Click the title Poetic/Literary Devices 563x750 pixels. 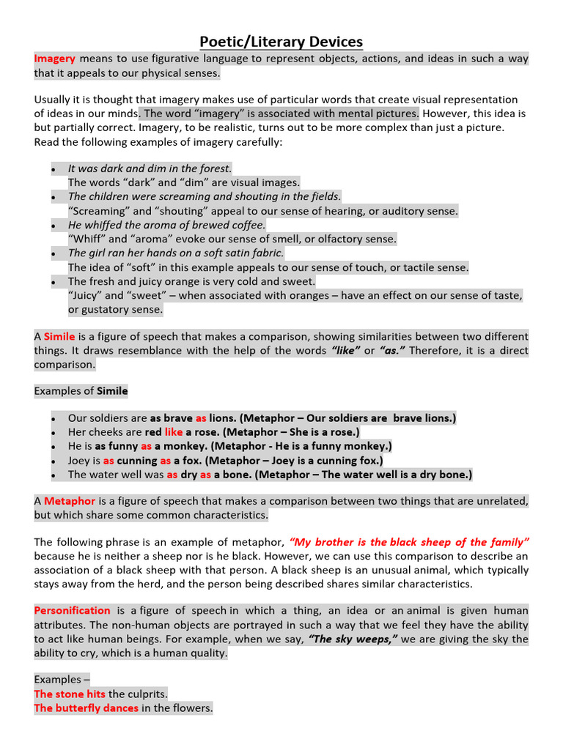pyautogui.click(x=281, y=42)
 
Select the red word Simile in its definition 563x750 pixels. pyautogui.click(x=59, y=336)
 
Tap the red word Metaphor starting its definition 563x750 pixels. pyautogui.click(x=70, y=501)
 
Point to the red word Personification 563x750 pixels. pyautogui.click(x=72, y=610)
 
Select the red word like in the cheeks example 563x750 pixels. pyautogui.click(x=174, y=432)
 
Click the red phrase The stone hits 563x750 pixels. pyautogui.click(x=70, y=694)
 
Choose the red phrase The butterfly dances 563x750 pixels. pyautogui.click(x=86, y=708)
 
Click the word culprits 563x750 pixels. pyautogui.click(x=147, y=694)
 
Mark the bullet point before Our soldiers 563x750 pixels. pyautogui.click(x=54, y=418)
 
